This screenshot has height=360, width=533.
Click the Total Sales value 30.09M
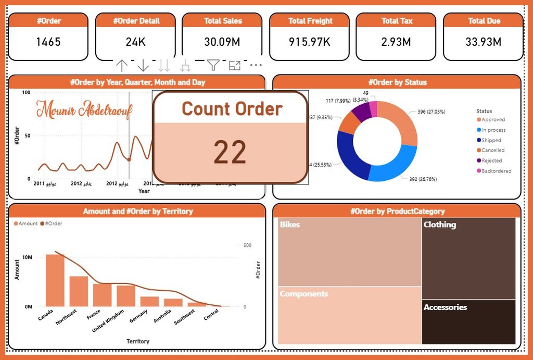(x=223, y=42)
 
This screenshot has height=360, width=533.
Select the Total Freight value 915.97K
(x=310, y=42)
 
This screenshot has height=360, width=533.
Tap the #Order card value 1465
(x=48, y=42)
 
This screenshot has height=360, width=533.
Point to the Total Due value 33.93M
(x=484, y=42)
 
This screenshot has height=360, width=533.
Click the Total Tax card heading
(x=397, y=21)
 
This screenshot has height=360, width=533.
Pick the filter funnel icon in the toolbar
(x=213, y=65)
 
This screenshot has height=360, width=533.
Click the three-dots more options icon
(x=256, y=65)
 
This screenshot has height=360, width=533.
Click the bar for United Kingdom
(x=126, y=295)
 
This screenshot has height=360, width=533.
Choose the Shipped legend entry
(x=491, y=140)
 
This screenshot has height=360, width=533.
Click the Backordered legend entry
(x=496, y=171)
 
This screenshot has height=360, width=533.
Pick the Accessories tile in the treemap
(x=468, y=321)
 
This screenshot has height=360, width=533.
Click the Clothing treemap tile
(x=468, y=258)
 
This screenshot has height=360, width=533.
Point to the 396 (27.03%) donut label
(x=431, y=111)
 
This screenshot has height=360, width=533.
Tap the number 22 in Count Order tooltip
(x=230, y=153)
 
